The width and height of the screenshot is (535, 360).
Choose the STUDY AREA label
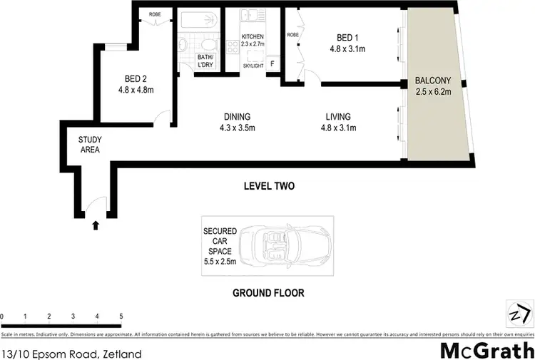coord(89,145)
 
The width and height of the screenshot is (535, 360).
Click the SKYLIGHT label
coord(253,66)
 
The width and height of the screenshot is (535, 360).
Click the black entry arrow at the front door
coord(96,227)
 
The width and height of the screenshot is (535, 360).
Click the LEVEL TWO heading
coord(269,187)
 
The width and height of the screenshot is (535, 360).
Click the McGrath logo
coord(486,350)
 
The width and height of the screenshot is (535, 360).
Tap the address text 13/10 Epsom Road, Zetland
coord(71,354)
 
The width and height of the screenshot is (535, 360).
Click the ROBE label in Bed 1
coord(293,34)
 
